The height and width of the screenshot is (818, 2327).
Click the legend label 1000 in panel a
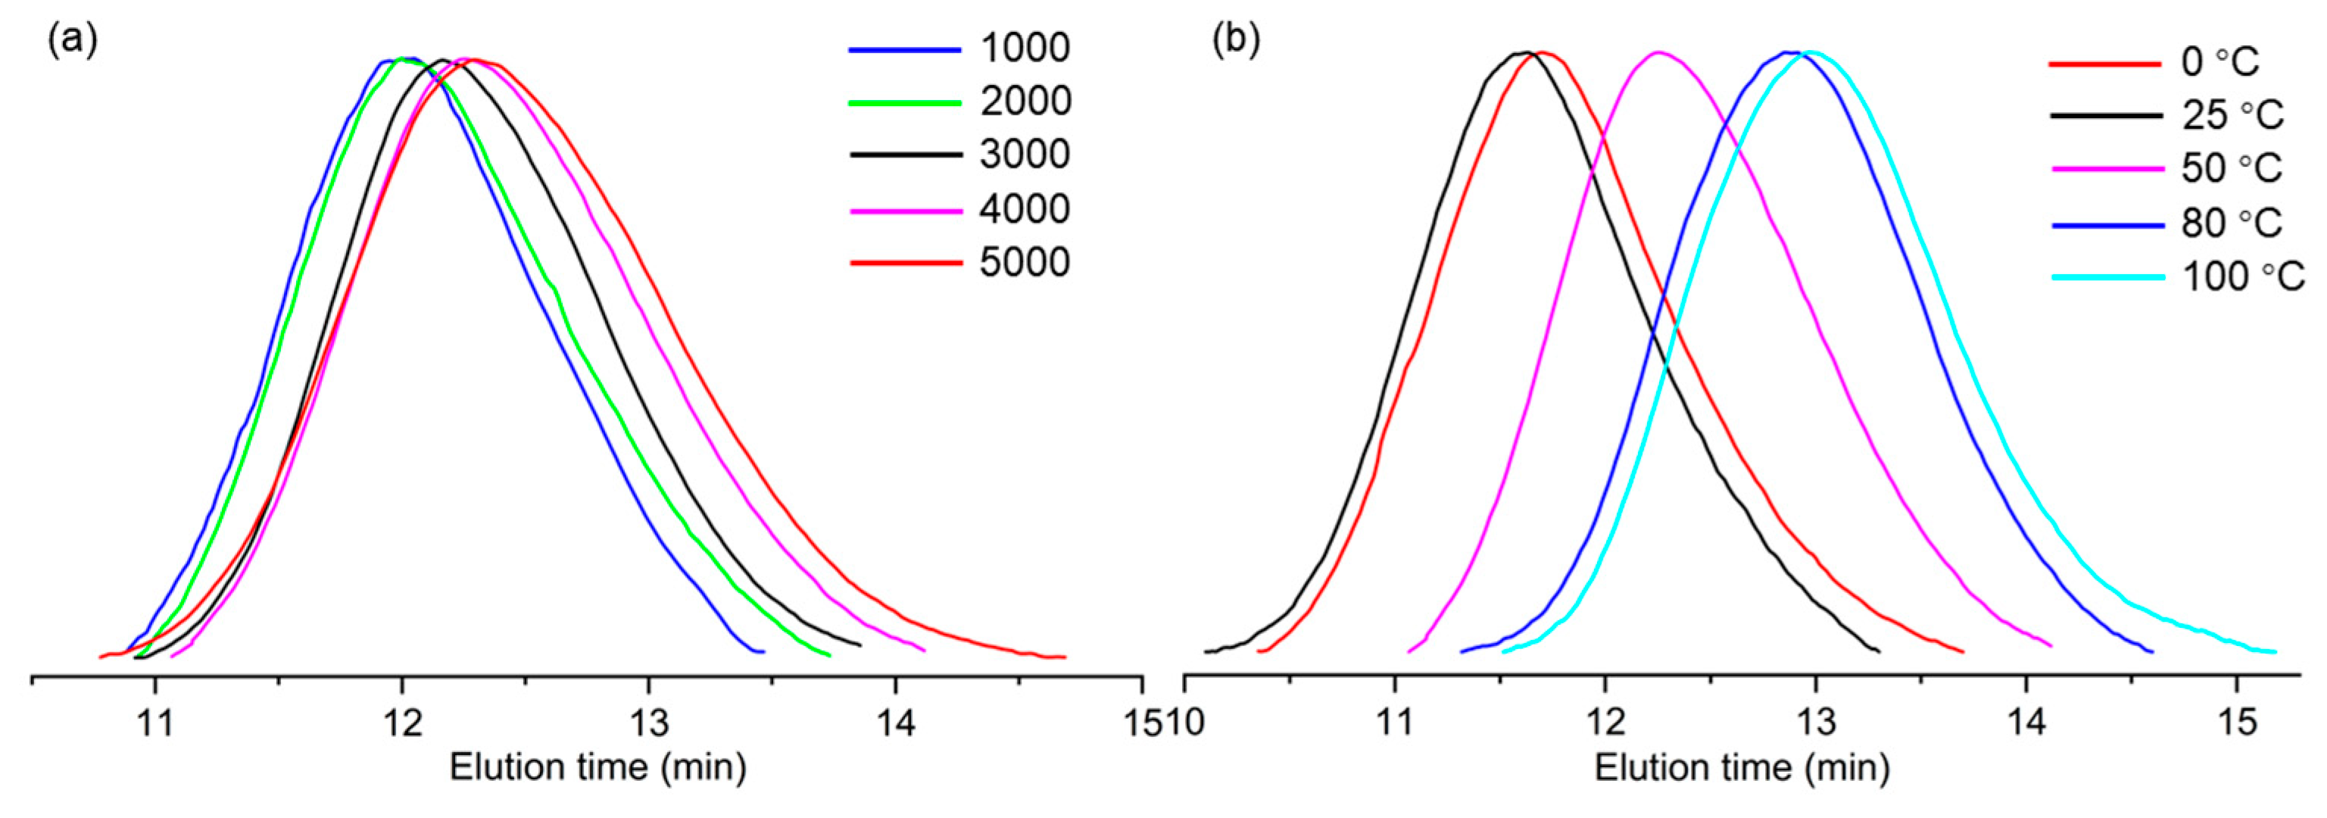coord(1025,48)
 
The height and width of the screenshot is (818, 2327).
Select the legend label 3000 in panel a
coord(1025,155)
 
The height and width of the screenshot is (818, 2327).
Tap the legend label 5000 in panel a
coord(1025,262)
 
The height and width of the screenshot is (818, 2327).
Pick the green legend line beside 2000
coord(905,103)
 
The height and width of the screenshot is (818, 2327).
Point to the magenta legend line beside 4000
coord(905,211)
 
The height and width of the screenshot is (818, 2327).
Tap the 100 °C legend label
coord(2243,276)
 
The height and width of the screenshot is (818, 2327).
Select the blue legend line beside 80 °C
coord(2107,224)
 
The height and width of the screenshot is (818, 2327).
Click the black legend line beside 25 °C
coord(2107,117)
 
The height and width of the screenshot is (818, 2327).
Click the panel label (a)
coord(72,41)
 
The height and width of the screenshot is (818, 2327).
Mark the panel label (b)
coord(1235,41)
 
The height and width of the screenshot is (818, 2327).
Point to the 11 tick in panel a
coord(155,724)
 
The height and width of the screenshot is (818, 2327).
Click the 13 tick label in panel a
coord(649,724)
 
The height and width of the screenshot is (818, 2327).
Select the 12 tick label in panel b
coord(1605,724)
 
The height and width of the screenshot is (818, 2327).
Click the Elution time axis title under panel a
coord(598,768)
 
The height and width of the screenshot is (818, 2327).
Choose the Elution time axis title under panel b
coord(1742,768)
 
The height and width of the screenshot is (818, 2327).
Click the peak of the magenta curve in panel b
coord(1658,52)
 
